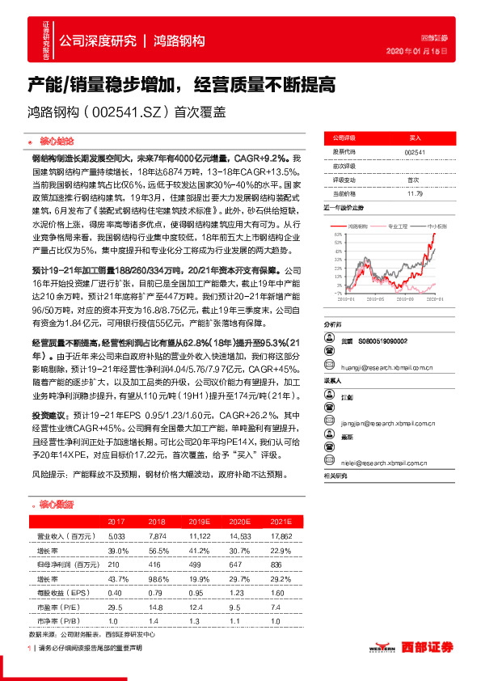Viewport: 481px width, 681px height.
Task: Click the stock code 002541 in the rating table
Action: pyautogui.click(x=414, y=152)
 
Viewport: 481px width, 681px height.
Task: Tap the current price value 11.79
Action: pyautogui.click(x=414, y=193)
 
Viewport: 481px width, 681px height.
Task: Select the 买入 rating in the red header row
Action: pyautogui.click(x=415, y=138)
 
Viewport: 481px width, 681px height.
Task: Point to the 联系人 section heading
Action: pyautogui.click(x=334, y=379)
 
